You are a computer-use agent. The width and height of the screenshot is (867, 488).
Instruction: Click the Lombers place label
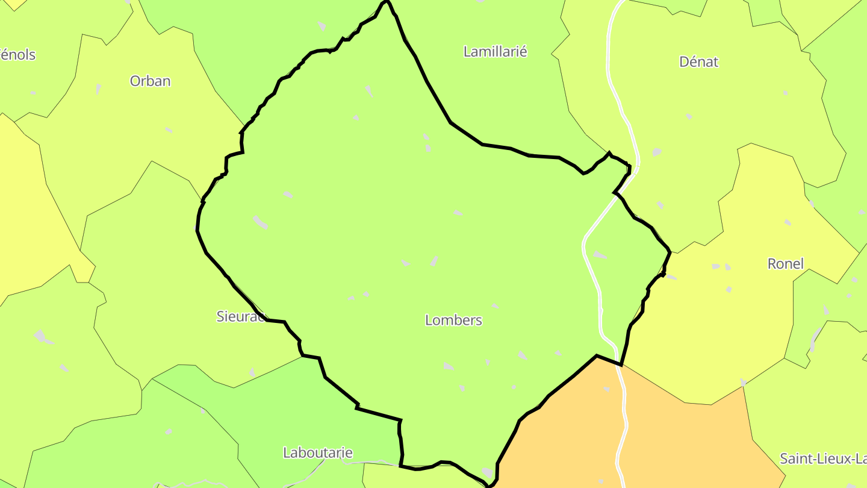point(453,320)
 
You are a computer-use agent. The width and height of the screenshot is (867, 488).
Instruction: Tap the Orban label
point(150,81)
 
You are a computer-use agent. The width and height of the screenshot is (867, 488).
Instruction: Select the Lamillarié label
point(495,52)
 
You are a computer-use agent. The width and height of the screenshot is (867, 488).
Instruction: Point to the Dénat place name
point(698,61)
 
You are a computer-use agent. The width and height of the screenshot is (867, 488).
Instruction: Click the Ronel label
point(785,263)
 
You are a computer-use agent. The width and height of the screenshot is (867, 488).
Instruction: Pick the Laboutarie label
point(317,452)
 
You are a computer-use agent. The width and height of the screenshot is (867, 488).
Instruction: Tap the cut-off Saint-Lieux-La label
point(823,458)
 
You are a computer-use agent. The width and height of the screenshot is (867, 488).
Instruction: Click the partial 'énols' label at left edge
point(18,55)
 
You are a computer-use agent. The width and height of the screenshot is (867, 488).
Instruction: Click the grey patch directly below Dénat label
point(688,116)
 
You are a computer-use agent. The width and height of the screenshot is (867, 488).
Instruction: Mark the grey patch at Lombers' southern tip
point(487,472)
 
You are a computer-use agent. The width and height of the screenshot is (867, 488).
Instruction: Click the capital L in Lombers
point(429,320)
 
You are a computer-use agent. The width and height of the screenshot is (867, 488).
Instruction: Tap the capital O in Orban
point(135,81)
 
